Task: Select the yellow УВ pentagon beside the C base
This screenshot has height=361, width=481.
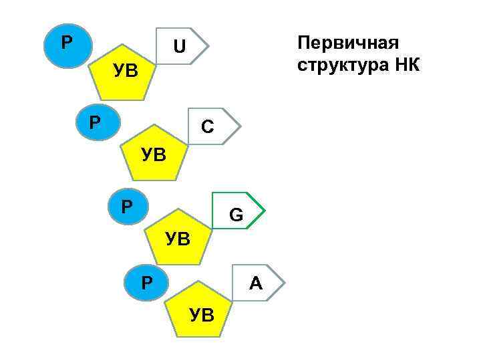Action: (154, 153)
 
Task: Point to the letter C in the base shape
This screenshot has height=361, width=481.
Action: (208, 126)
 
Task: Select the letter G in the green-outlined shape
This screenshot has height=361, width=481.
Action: (236, 215)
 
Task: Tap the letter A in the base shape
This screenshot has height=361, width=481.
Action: (255, 284)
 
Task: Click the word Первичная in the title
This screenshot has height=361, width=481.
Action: (348, 43)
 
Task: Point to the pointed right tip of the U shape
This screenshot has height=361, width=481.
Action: (209, 46)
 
